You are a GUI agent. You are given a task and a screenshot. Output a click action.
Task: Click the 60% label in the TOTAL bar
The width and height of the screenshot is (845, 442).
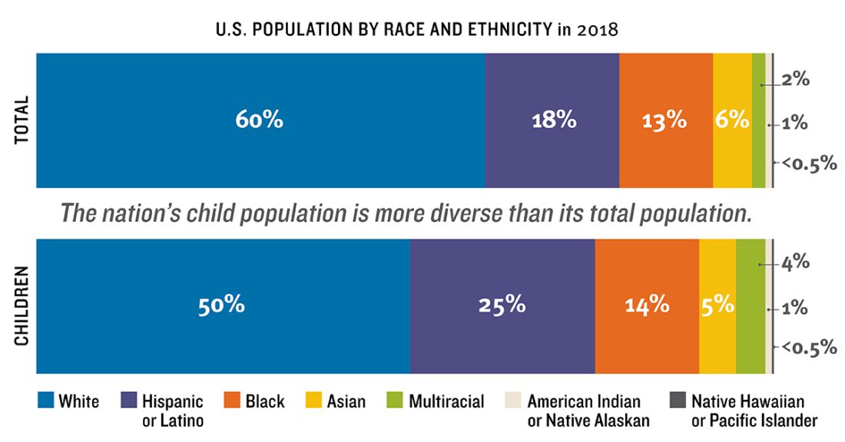260,120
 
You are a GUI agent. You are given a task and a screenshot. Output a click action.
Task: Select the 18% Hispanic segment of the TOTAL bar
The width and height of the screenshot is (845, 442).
552,120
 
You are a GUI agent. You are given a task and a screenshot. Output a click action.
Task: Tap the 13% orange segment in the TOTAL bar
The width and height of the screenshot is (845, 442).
665,120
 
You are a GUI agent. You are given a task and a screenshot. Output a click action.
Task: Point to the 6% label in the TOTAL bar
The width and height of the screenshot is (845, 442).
732,120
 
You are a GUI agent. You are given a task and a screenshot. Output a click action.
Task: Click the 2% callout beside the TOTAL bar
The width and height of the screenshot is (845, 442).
796,80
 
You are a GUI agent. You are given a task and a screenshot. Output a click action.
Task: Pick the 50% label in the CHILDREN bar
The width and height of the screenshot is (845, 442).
221,305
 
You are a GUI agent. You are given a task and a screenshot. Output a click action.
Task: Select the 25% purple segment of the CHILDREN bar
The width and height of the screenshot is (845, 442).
502,305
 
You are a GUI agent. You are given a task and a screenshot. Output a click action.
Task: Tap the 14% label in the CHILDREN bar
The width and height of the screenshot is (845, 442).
646,305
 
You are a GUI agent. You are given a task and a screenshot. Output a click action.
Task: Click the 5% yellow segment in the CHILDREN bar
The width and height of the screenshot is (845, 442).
717,305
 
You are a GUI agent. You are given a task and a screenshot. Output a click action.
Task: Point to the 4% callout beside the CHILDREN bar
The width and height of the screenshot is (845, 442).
796,262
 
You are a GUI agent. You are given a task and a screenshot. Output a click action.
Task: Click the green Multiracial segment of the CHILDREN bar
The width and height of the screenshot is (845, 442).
751,305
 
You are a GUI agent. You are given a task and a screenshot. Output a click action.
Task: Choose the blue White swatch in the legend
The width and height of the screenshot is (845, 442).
46,401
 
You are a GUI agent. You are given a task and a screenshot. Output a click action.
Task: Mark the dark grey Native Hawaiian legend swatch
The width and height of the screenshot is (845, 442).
677,401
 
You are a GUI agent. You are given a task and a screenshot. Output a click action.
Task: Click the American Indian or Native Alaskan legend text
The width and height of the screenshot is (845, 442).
588,411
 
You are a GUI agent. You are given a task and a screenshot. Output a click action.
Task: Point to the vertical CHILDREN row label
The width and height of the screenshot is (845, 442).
21,305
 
